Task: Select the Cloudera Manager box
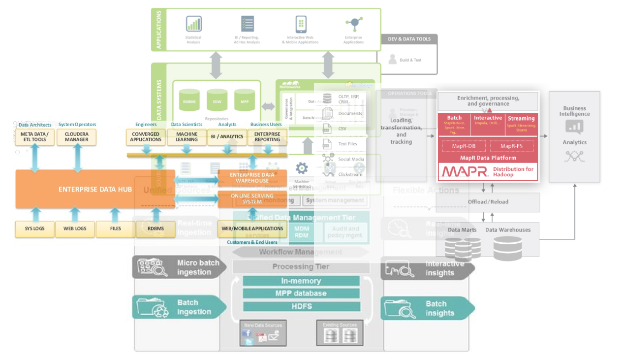pyautogui.click(x=77, y=137)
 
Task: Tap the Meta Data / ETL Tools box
pyautogui.click(x=34, y=137)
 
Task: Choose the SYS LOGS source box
pyautogui.click(x=34, y=229)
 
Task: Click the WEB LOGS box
pyautogui.click(x=75, y=229)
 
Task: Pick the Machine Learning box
pyautogui.click(x=187, y=137)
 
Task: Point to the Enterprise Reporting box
pyautogui.click(x=267, y=137)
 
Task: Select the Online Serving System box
pyautogui.click(x=252, y=199)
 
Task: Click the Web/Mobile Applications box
pyautogui.click(x=252, y=229)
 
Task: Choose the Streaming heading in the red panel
pyautogui.click(x=521, y=118)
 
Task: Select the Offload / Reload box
pyautogui.click(x=488, y=202)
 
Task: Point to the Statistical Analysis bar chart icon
pyautogui.click(x=193, y=24)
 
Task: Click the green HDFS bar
pyautogui.click(x=301, y=306)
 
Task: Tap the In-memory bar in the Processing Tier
pyautogui.click(x=301, y=281)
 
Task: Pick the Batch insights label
pyautogui.click(x=440, y=309)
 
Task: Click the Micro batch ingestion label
pyautogui.click(x=198, y=267)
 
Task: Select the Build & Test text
pyautogui.click(x=410, y=60)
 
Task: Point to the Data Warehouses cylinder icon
pyautogui.click(x=507, y=248)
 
